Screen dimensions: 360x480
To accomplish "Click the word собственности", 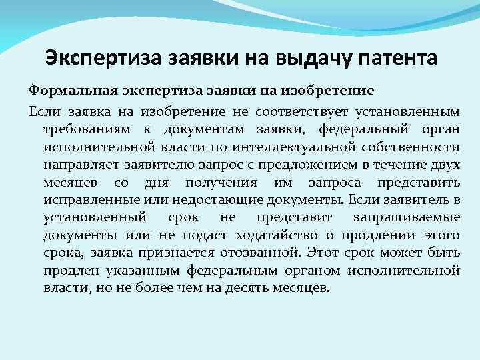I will pyautogui.click(x=413, y=145).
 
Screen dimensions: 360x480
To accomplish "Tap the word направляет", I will pyautogui.click(x=79, y=163).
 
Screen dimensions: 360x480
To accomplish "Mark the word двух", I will pyautogui.click(x=446, y=163).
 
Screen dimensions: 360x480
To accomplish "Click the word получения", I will pyautogui.click(x=218, y=181).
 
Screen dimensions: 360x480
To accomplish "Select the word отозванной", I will pyautogui.click(x=270, y=253).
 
